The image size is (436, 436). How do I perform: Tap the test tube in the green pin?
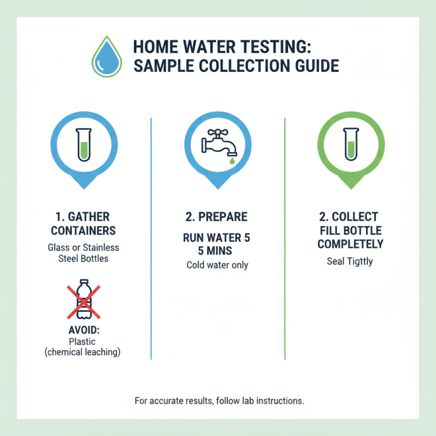[352, 144]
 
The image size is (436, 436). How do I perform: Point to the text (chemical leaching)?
[82, 352]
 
